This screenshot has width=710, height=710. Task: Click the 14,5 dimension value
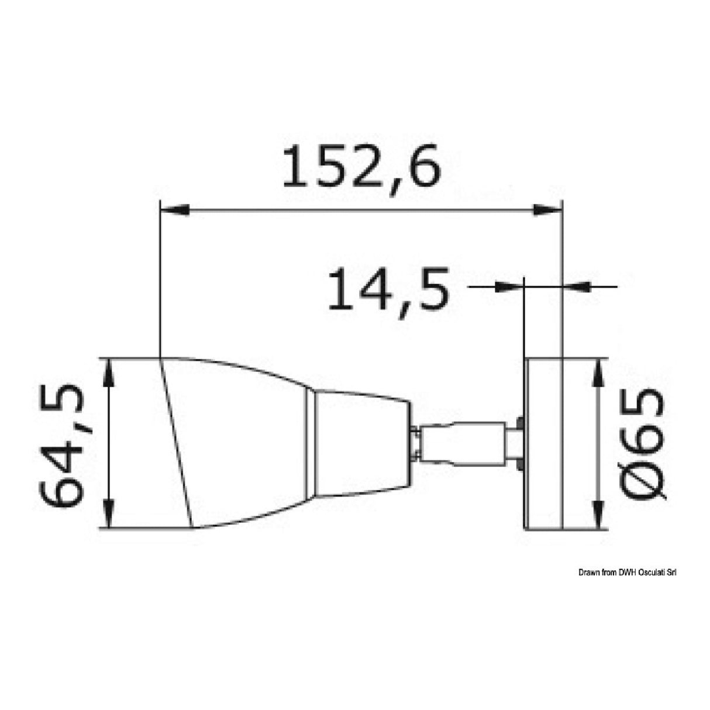click(x=388, y=289)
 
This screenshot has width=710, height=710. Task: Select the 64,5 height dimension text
click(x=63, y=446)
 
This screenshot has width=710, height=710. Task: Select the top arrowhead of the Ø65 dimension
click(x=598, y=373)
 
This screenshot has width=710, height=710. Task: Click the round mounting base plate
click(x=543, y=444)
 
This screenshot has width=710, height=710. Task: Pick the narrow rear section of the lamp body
click(x=360, y=443)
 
